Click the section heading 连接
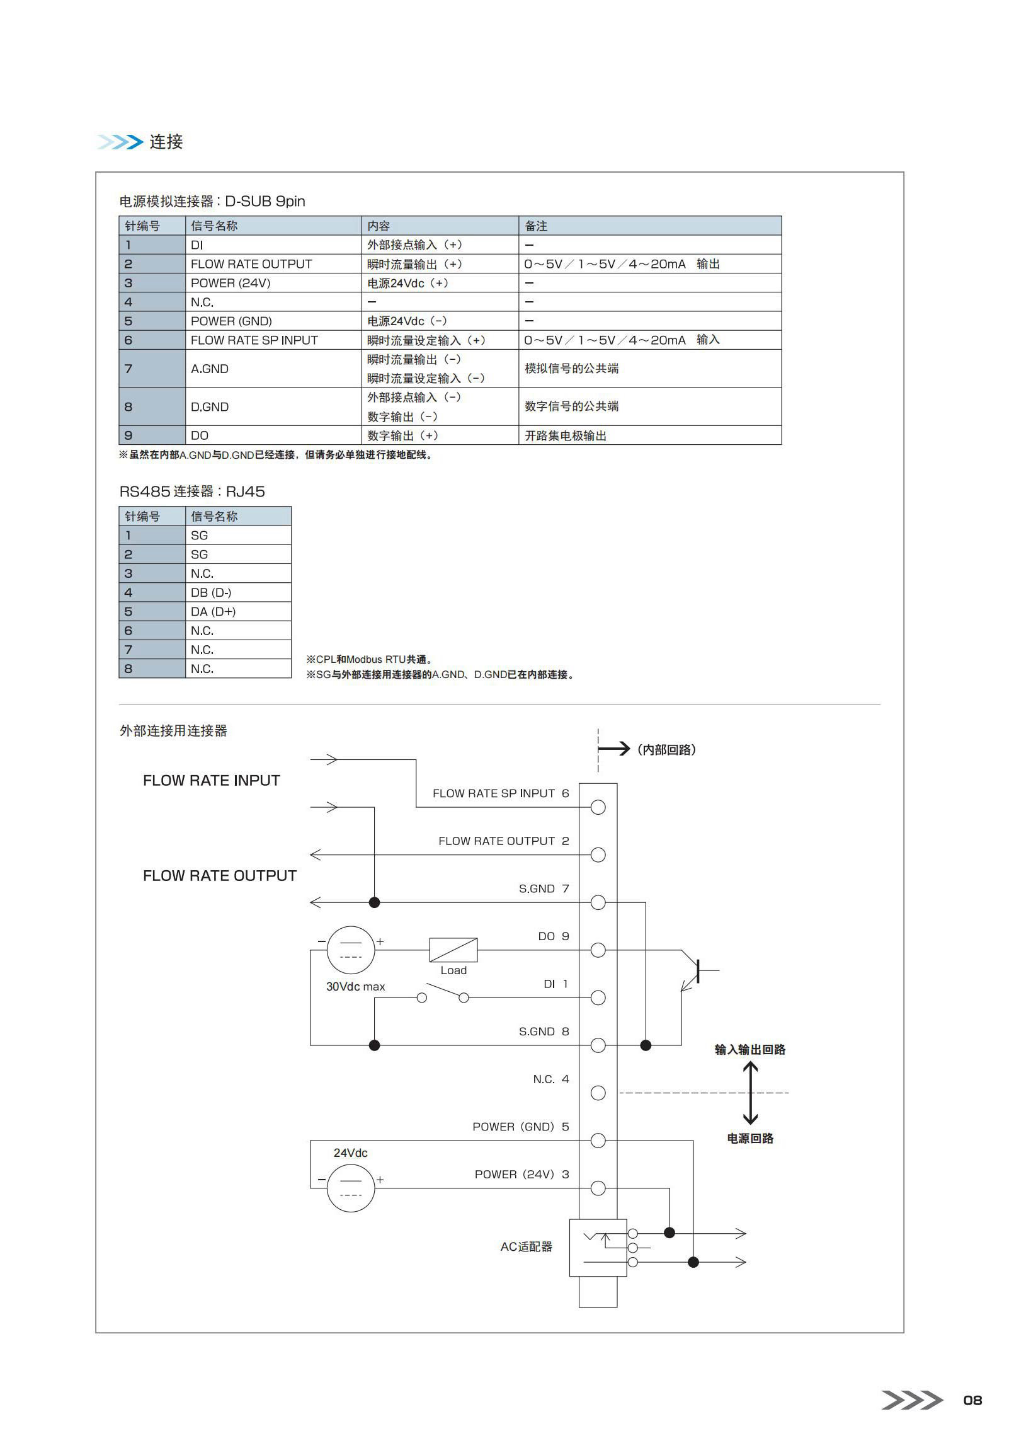[x=166, y=142]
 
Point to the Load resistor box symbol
[x=453, y=950]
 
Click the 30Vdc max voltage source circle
[x=351, y=950]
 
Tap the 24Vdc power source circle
[x=351, y=1188]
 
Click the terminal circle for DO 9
[x=598, y=950]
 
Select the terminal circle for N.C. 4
[x=598, y=1093]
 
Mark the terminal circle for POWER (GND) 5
[x=598, y=1141]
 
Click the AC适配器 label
[x=527, y=1246]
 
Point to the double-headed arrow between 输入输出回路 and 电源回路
[x=750, y=1093]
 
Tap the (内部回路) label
[x=666, y=749]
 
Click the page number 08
[x=972, y=1400]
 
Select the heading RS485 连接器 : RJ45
[x=192, y=492]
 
